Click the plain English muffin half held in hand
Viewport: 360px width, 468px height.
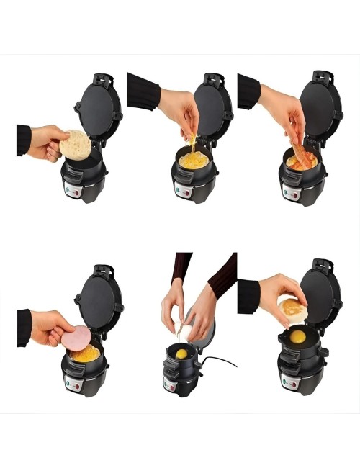pyautogui.click(x=75, y=144)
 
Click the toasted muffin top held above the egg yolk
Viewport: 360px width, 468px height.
pyautogui.click(x=293, y=310)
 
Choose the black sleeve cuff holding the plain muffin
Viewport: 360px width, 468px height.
pyautogui.click(x=24, y=140)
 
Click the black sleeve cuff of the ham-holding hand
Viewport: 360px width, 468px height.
pyautogui.click(x=24, y=328)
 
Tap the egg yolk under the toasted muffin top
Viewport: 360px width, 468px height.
pyautogui.click(x=297, y=336)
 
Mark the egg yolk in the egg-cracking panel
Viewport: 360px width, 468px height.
pyautogui.click(x=182, y=354)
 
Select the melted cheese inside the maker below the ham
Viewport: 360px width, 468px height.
pyautogui.click(x=86, y=354)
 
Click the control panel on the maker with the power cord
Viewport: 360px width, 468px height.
pyautogui.click(x=171, y=384)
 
